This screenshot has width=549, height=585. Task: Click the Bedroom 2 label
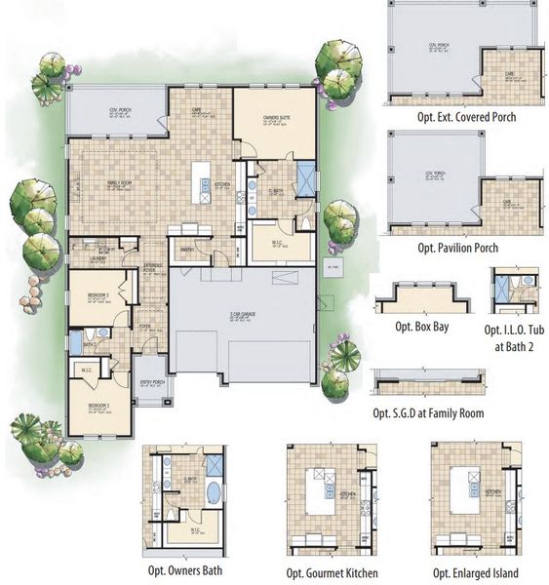click(x=98, y=405)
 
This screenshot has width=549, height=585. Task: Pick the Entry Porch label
click(x=152, y=382)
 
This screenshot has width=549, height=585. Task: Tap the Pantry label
click(x=185, y=250)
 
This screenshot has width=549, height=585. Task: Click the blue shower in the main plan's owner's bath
click(x=305, y=180)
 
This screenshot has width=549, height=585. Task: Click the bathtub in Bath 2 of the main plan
click(x=76, y=342)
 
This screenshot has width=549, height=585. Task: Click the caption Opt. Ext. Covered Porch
click(x=465, y=117)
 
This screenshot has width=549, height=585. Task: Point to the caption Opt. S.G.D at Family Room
click(x=428, y=412)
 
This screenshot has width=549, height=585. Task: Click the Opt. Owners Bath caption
click(x=185, y=571)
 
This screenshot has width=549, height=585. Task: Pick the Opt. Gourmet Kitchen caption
click(x=332, y=572)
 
